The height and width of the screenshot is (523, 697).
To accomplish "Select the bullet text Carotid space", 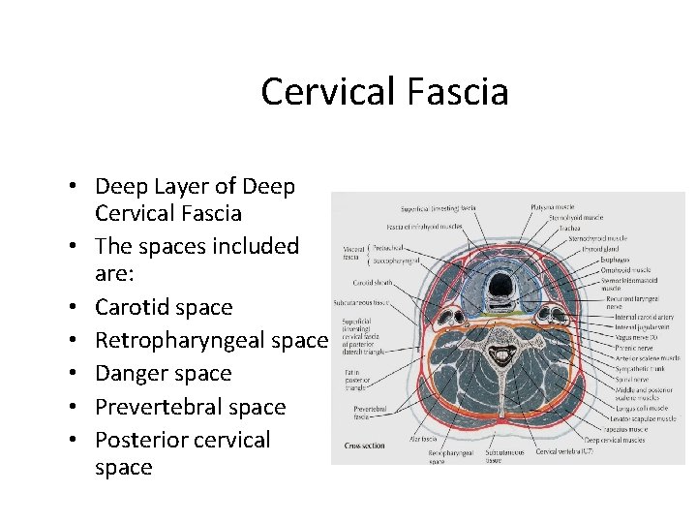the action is coord(164,307).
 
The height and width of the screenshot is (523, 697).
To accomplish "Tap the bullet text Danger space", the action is coord(163,373).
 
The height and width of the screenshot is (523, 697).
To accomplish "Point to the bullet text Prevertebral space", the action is coord(190,407).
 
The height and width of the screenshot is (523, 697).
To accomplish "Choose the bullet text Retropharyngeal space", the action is coord(212,340).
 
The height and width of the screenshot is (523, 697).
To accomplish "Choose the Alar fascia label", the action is coord(424,438).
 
